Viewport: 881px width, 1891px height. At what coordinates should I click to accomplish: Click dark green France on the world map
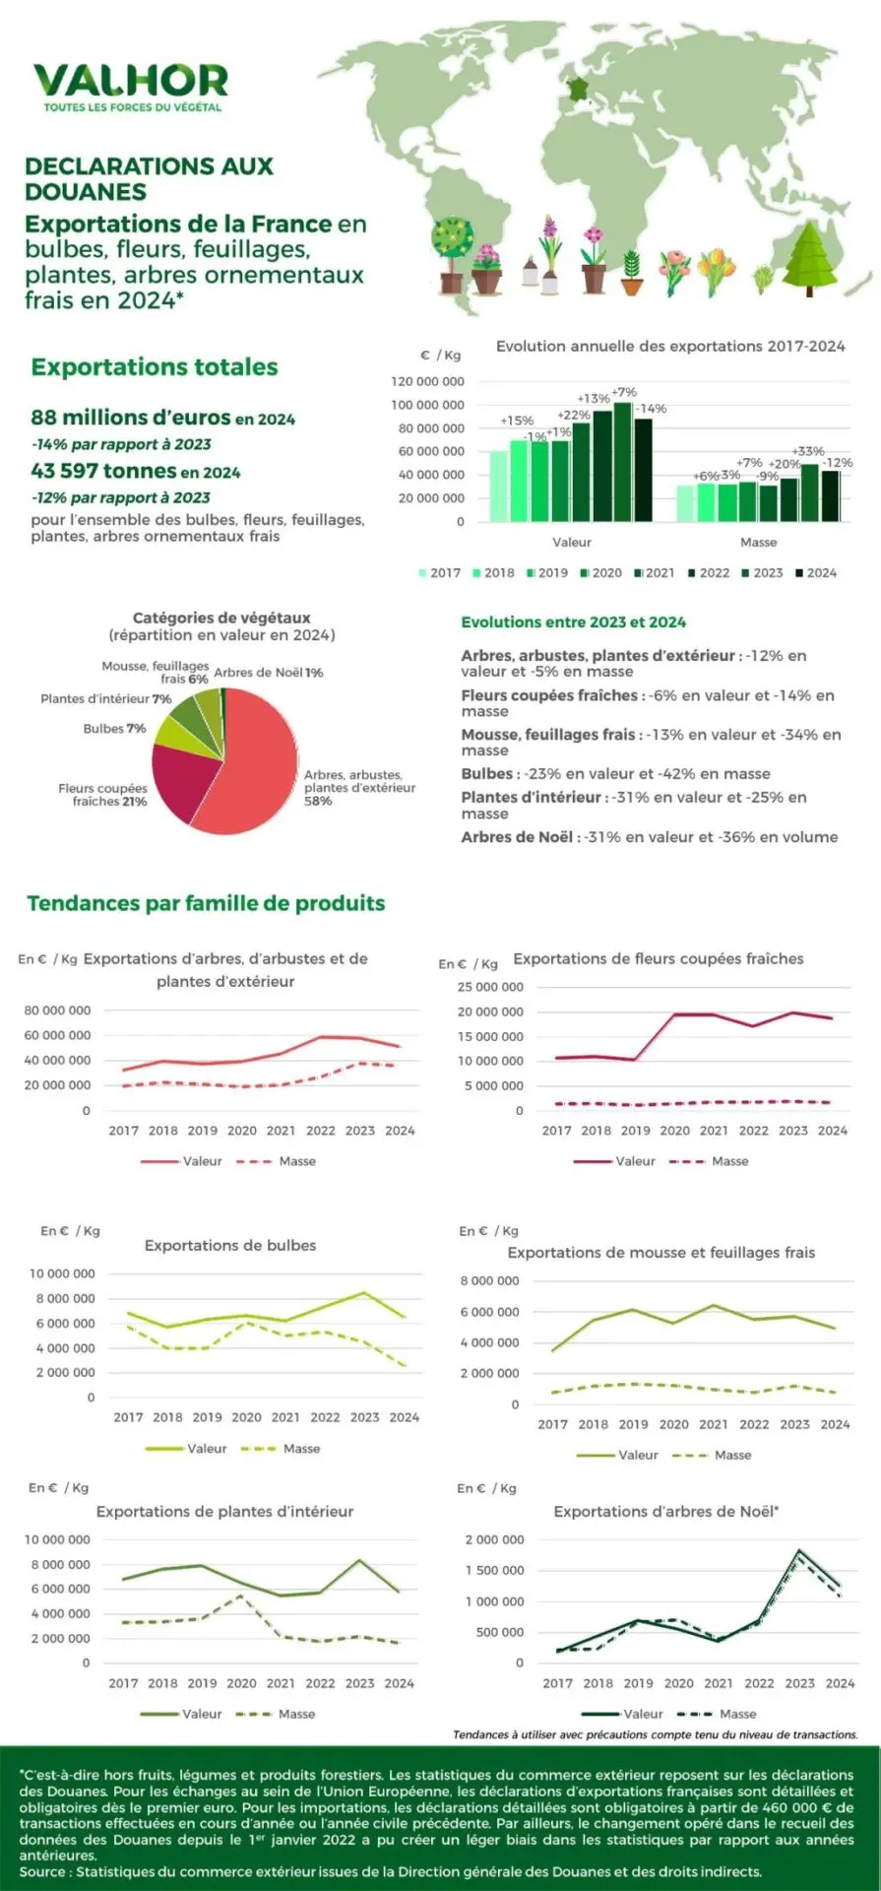pyautogui.click(x=576, y=89)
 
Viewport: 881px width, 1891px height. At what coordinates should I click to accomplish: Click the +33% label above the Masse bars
pyautogui.click(x=808, y=451)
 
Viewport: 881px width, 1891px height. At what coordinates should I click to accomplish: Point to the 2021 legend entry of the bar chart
pyautogui.click(x=655, y=572)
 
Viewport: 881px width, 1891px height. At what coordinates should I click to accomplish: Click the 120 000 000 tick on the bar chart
pyautogui.click(x=427, y=381)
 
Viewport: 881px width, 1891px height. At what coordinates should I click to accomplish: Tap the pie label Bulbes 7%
pyautogui.click(x=114, y=729)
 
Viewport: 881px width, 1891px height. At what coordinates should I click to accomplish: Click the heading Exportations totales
pyautogui.click(x=155, y=367)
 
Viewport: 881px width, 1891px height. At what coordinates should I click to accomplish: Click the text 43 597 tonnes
pyautogui.click(x=103, y=472)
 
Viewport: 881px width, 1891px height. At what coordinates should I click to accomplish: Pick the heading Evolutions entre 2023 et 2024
pyautogui.click(x=573, y=622)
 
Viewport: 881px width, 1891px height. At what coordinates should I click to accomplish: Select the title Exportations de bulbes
pyautogui.click(x=230, y=1245)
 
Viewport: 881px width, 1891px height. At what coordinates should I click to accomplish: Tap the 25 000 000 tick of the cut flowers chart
pyautogui.click(x=490, y=987)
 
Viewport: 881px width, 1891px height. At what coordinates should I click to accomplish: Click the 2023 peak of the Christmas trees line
pyautogui.click(x=799, y=1551)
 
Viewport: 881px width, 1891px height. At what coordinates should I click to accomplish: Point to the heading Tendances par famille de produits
pyautogui.click(x=206, y=903)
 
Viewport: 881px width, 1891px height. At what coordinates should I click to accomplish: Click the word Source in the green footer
pyautogui.click(x=41, y=1871)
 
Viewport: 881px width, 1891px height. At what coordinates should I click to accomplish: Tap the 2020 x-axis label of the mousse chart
pyautogui.click(x=673, y=1424)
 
